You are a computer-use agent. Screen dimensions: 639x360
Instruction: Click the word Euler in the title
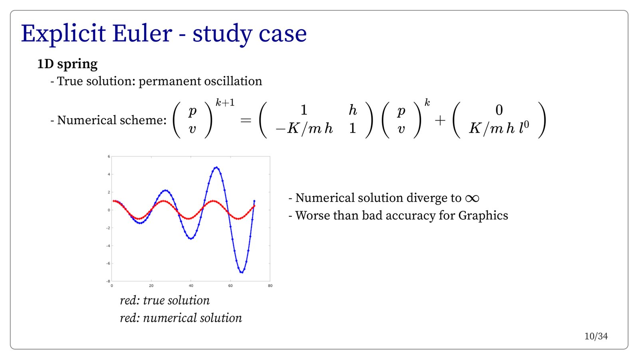142,34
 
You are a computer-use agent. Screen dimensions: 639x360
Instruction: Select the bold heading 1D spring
67,64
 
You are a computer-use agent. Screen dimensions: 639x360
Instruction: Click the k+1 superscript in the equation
225,102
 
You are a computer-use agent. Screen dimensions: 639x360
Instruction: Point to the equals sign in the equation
246,121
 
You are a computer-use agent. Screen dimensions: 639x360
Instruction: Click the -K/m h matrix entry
304,129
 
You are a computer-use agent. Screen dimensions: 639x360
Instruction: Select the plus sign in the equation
440,121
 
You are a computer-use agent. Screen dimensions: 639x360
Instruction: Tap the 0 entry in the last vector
499,110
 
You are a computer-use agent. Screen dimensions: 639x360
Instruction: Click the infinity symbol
472,198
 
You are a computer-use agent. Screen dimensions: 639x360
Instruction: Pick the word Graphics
483,216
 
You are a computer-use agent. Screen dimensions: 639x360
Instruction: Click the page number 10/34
596,336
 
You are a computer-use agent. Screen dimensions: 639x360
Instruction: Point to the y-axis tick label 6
109,156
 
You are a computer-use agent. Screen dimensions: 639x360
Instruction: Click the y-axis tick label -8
108,281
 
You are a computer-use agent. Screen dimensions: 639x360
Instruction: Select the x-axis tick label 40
191,286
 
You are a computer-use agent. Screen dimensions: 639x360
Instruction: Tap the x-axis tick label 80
270,286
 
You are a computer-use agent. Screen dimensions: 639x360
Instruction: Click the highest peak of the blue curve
216,167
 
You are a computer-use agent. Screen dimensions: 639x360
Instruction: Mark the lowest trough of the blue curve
242,272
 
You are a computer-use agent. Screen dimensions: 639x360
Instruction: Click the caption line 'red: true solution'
165,301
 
